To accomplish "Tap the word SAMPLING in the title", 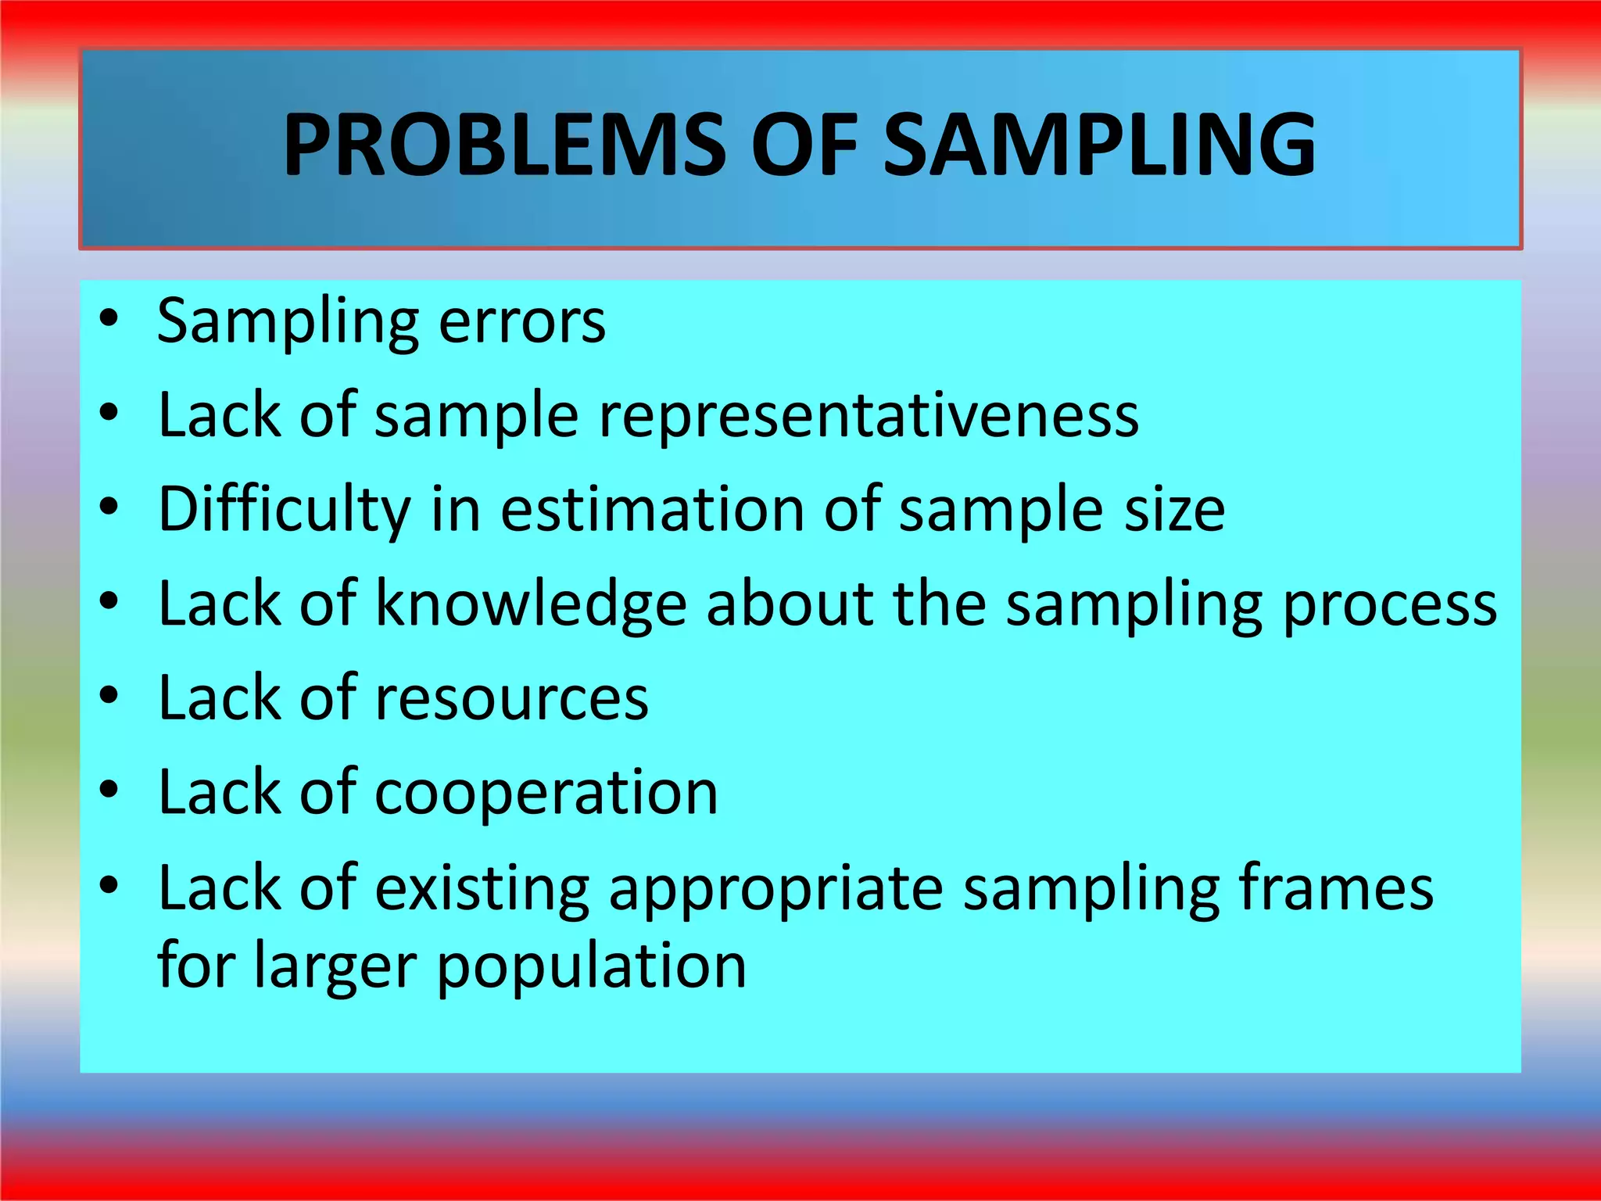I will click(x=1099, y=145).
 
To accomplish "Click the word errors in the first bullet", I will click(x=521, y=321).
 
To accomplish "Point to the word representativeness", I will click(x=869, y=416).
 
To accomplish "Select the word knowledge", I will click(x=531, y=604).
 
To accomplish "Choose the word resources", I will click(x=512, y=698).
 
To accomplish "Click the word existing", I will click(x=482, y=887).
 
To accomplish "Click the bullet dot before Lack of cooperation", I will click(x=109, y=790).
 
